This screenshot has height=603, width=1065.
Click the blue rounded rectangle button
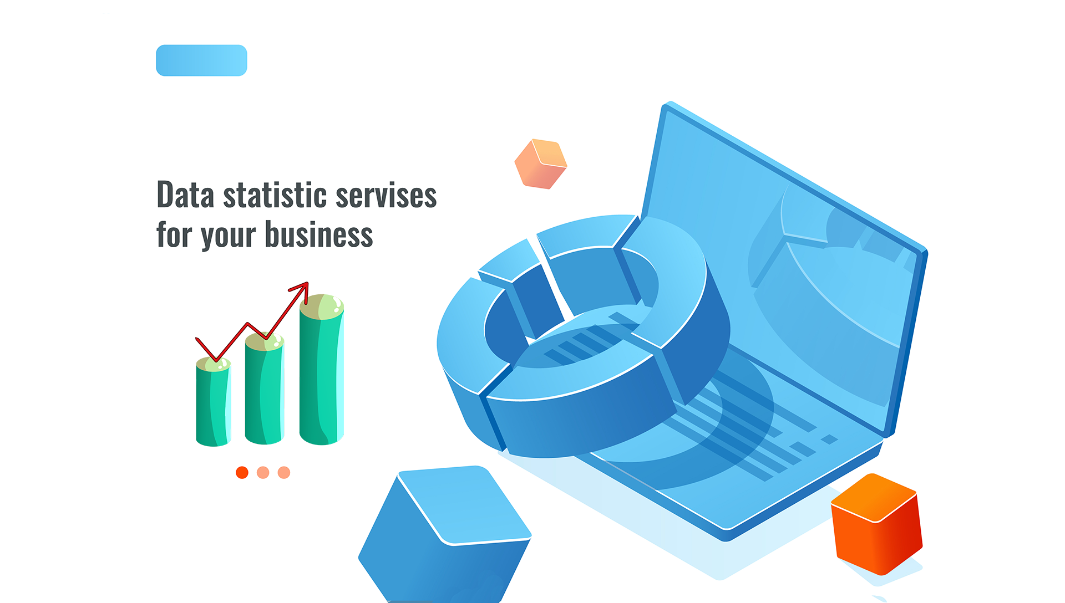click(201, 60)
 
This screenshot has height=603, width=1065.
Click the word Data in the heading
click(185, 195)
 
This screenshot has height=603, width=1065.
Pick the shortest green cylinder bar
click(213, 402)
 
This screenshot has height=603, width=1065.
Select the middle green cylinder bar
click(265, 389)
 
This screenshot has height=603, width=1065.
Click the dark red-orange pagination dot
click(242, 472)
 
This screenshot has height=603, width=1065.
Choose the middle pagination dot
click(263, 472)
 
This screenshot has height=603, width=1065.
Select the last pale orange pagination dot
click(284, 472)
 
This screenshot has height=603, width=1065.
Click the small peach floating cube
click(541, 164)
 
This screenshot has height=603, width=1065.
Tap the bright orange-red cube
click(876, 524)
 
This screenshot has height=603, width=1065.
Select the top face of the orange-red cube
click(874, 498)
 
